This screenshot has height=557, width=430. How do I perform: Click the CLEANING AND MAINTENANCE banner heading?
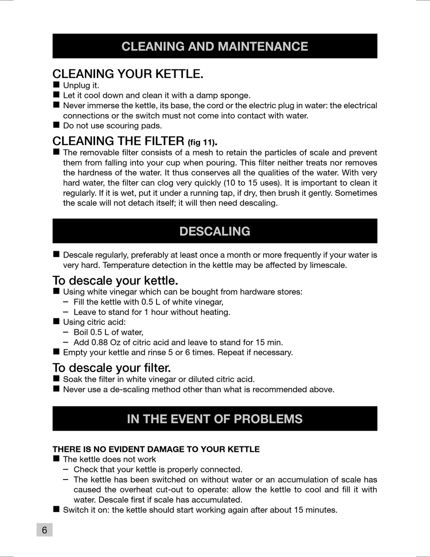click(215, 46)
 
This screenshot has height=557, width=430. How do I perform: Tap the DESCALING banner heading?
click(215, 231)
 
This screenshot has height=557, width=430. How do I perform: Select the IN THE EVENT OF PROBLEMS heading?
click(215, 419)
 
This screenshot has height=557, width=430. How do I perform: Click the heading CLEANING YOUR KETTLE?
click(128, 74)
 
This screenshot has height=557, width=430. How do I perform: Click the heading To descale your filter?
click(111, 367)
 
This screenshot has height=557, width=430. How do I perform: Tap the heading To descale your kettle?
click(115, 280)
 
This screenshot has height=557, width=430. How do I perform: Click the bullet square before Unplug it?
click(56, 85)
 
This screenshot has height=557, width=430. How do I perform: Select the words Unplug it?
click(81, 85)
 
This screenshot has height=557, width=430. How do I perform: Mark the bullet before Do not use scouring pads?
click(56, 125)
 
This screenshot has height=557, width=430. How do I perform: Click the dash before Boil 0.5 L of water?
click(66, 332)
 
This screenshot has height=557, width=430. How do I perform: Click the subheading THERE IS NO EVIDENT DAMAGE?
click(156, 449)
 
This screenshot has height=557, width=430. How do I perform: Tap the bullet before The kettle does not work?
click(56, 459)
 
